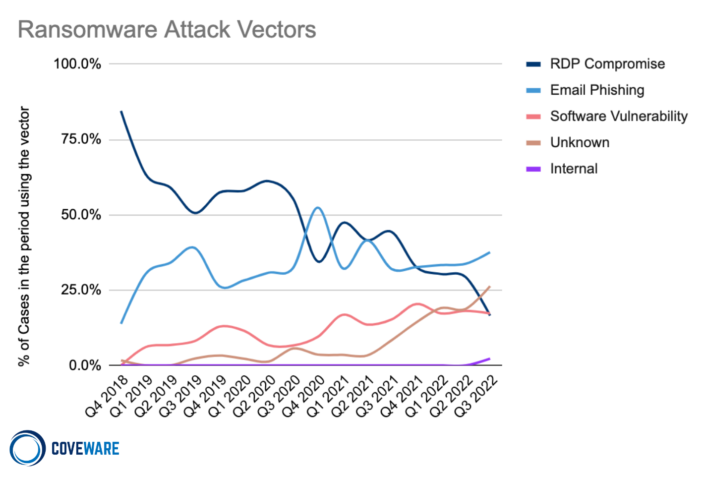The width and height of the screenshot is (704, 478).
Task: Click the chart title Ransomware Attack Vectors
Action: [x=167, y=30]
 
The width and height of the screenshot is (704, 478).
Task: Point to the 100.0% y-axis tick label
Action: [x=77, y=64]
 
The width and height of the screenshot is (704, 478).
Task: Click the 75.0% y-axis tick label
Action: [x=81, y=139]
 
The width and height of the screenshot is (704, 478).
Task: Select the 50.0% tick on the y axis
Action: [x=81, y=215]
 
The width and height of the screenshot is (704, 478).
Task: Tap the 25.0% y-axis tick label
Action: [x=81, y=290]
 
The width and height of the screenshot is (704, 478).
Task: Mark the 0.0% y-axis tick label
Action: [x=85, y=365]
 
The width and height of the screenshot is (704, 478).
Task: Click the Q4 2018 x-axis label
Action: [x=106, y=397]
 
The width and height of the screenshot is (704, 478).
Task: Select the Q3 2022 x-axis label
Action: [x=475, y=397]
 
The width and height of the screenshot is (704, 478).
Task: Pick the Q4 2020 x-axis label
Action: [x=303, y=397]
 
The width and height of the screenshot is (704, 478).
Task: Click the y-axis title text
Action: [x=24, y=236]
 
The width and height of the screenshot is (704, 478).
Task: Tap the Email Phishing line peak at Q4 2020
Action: [x=318, y=208]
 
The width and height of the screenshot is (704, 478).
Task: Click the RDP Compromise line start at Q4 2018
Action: [x=121, y=112]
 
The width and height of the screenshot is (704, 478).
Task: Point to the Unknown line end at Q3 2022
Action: [x=490, y=287]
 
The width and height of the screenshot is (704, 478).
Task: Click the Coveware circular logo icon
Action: [x=27, y=448]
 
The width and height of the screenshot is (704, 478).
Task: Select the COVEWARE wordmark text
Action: [x=85, y=449]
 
